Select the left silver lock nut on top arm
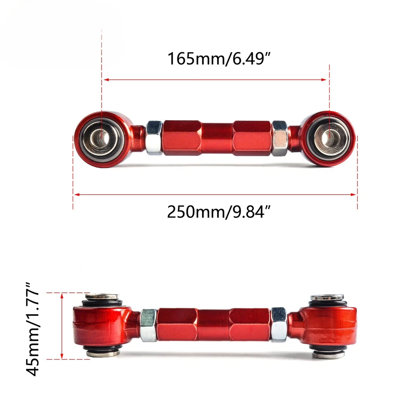pyautogui.click(x=154, y=137)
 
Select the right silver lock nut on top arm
pyautogui.click(x=279, y=137)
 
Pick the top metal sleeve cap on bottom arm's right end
pyautogui.click(x=327, y=297)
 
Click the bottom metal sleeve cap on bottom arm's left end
pyautogui.click(x=102, y=353)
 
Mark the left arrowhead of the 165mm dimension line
pyautogui.click(x=105, y=79)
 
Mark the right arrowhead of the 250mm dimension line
pyautogui.click(x=355, y=194)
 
